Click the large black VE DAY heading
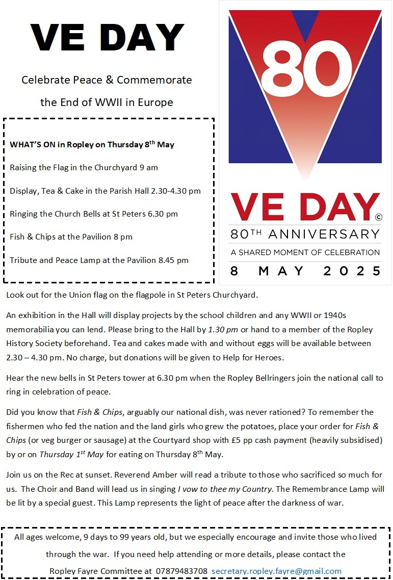pos(107,37)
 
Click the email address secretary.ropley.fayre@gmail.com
pos(276,571)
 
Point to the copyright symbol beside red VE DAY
pos(378,217)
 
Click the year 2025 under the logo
pos(352,271)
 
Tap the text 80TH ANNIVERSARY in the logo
pos(305,234)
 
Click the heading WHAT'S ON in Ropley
pos(92,145)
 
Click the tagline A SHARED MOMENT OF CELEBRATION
pos(305,252)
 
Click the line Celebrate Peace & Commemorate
pos(107,80)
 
